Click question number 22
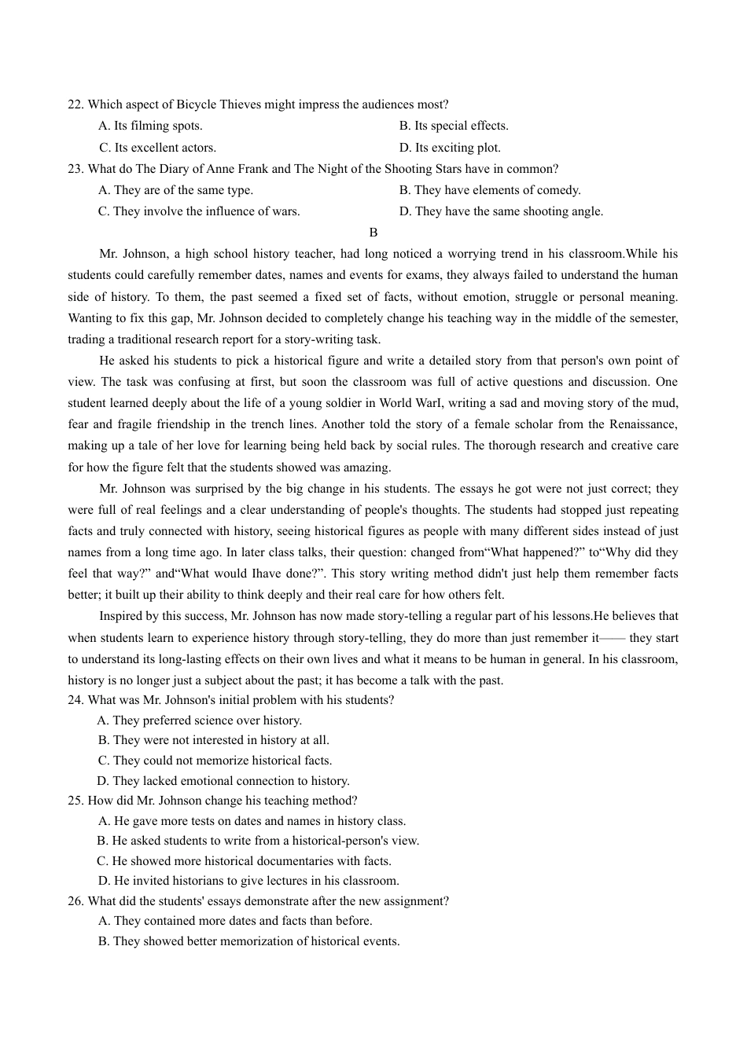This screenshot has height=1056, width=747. [x=75, y=104]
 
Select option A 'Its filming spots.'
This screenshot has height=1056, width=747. [x=150, y=126]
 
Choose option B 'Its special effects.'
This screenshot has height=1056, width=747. [x=454, y=126]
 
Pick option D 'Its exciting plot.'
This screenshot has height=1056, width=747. [x=450, y=148]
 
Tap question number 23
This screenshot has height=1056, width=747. [x=75, y=169]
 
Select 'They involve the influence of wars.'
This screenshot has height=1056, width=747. [x=199, y=211]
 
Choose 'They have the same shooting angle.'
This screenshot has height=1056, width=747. [x=501, y=211]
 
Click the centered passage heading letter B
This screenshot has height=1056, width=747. [x=373, y=233]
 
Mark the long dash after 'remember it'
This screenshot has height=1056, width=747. [x=613, y=638]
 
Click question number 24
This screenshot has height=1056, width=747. [x=75, y=700]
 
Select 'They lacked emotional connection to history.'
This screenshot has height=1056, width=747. [x=223, y=781]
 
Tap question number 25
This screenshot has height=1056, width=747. [x=75, y=801]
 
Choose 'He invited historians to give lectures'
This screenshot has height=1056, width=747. [x=248, y=881]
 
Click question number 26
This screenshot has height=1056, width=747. [x=75, y=901]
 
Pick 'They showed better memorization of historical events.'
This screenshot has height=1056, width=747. [x=248, y=941]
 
